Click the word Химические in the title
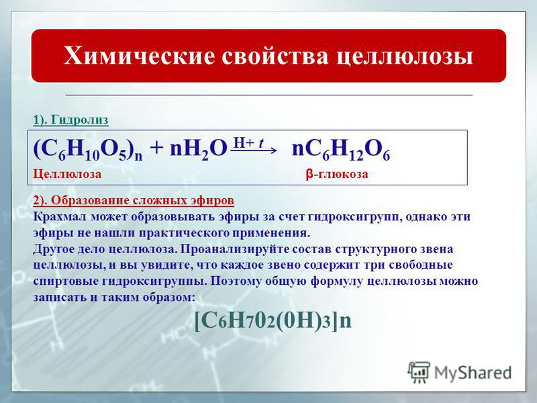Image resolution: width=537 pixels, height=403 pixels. pos(139,55)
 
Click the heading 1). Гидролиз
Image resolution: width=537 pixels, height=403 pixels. pos(70,120)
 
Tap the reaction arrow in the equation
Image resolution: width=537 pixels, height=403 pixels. pos(253,150)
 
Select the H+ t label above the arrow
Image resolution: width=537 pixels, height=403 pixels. pos(248,142)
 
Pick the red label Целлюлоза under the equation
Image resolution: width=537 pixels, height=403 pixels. pos(67,174)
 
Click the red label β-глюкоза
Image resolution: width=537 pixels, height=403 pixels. pos(337,174)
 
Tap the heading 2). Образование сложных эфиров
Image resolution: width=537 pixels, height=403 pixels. pos(134,200)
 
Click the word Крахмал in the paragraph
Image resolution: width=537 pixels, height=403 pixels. pos(60,216)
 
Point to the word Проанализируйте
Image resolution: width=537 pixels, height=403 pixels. pos(234,249)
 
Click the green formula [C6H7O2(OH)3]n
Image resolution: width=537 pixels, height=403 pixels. pos(273,320)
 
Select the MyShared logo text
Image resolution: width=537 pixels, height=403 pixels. pos(473,373)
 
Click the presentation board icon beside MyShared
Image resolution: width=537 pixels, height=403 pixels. pos(419,372)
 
